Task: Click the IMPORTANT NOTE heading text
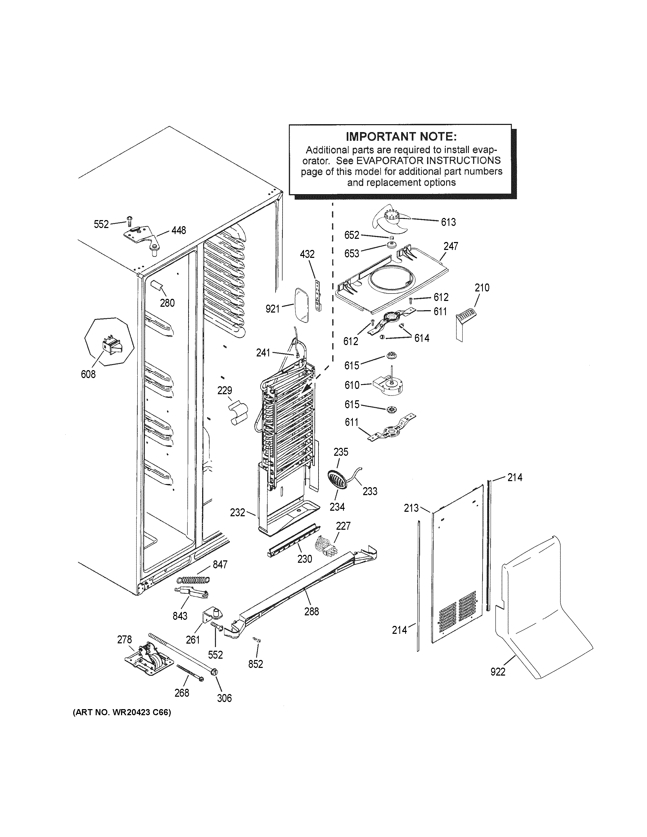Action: coord(401,136)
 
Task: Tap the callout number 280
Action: coord(167,303)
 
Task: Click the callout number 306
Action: coord(224,698)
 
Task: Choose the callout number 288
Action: coord(311,612)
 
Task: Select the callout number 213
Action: coord(411,508)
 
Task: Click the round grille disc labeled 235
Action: coord(337,480)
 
